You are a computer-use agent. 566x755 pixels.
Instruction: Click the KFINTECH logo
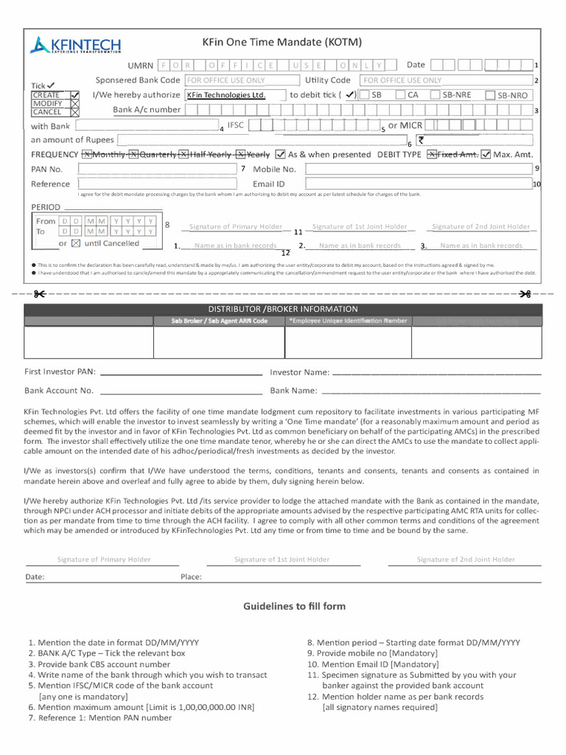coord(75,46)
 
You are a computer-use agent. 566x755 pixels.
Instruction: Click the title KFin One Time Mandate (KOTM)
coord(282,43)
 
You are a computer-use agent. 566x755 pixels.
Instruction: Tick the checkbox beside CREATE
coord(74,95)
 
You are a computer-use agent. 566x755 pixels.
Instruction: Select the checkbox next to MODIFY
coord(74,104)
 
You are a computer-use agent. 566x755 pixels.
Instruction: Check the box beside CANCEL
coord(74,113)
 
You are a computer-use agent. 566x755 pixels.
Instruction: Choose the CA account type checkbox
coord(400,95)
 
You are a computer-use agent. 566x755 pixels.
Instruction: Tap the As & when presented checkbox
coord(280,155)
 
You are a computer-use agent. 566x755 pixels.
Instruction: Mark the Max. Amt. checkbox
coord(486,155)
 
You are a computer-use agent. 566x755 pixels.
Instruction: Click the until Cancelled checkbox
coord(76,243)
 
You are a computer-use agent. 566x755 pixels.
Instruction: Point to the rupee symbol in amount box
coord(421,140)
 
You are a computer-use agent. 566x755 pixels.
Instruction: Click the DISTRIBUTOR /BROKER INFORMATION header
coord(283,309)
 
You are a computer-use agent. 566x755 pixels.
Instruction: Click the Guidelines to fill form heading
coord(294,606)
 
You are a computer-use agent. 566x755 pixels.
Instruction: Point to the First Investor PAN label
coord(60,372)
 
